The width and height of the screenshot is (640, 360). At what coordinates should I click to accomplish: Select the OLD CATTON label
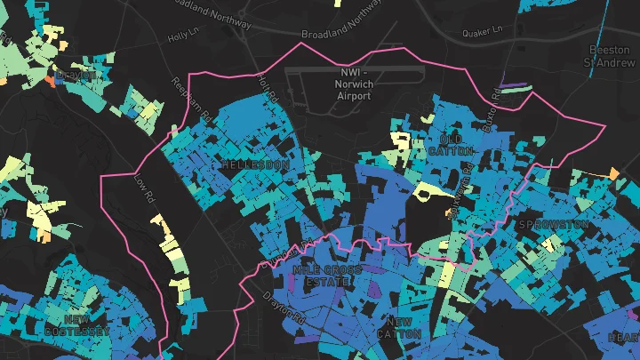pos(457,145)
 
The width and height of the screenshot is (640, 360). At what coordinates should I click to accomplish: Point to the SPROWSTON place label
pos(553,225)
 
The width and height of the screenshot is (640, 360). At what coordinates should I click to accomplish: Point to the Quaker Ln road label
pos(483,33)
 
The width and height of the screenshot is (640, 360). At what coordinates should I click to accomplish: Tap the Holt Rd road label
pos(268,86)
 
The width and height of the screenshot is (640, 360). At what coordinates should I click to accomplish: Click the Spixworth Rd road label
pos(461,196)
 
